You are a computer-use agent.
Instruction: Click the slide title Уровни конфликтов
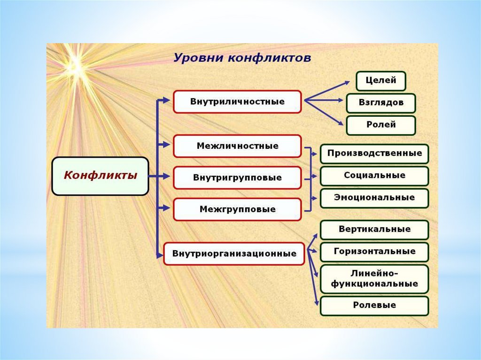242,58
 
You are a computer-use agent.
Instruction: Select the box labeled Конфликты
100,176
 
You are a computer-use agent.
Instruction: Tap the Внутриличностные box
237,102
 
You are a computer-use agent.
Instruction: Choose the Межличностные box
237,146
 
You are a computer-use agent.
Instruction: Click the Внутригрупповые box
237,178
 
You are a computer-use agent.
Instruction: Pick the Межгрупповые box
237,209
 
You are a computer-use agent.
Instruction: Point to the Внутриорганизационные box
234,254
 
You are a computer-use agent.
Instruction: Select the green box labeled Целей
380,81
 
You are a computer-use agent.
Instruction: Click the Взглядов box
380,103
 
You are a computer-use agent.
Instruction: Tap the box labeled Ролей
380,125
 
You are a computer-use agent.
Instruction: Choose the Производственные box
374,153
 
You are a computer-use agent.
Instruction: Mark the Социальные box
374,176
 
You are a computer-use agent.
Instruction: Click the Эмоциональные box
374,198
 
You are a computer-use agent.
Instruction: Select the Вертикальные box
374,230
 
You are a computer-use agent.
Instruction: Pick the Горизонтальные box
374,252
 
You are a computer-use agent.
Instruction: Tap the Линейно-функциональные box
374,279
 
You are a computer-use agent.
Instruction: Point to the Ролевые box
374,306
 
